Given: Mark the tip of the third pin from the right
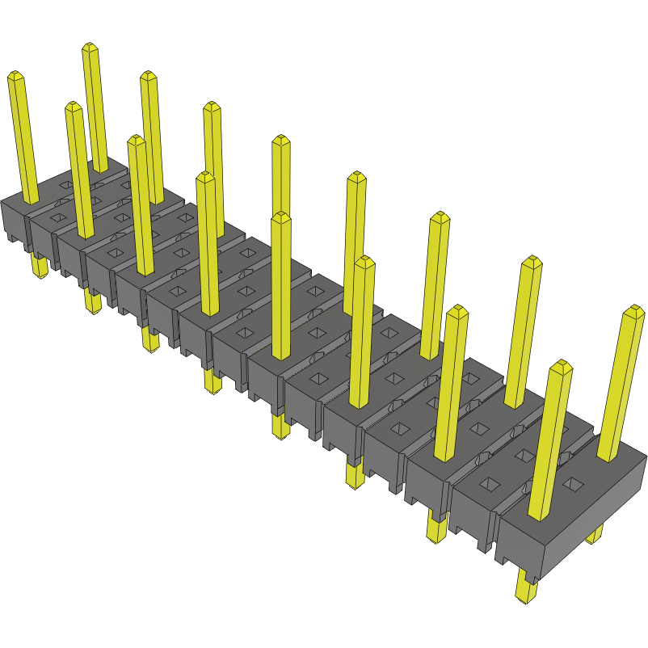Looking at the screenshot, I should [531, 261].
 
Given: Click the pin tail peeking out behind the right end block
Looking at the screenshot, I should [595, 534].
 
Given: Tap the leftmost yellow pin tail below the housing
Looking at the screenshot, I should [39, 266].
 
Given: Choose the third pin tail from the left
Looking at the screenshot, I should [151, 341].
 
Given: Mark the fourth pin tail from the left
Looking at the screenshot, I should [212, 381].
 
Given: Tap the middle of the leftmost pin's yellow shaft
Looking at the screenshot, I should [23, 137].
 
